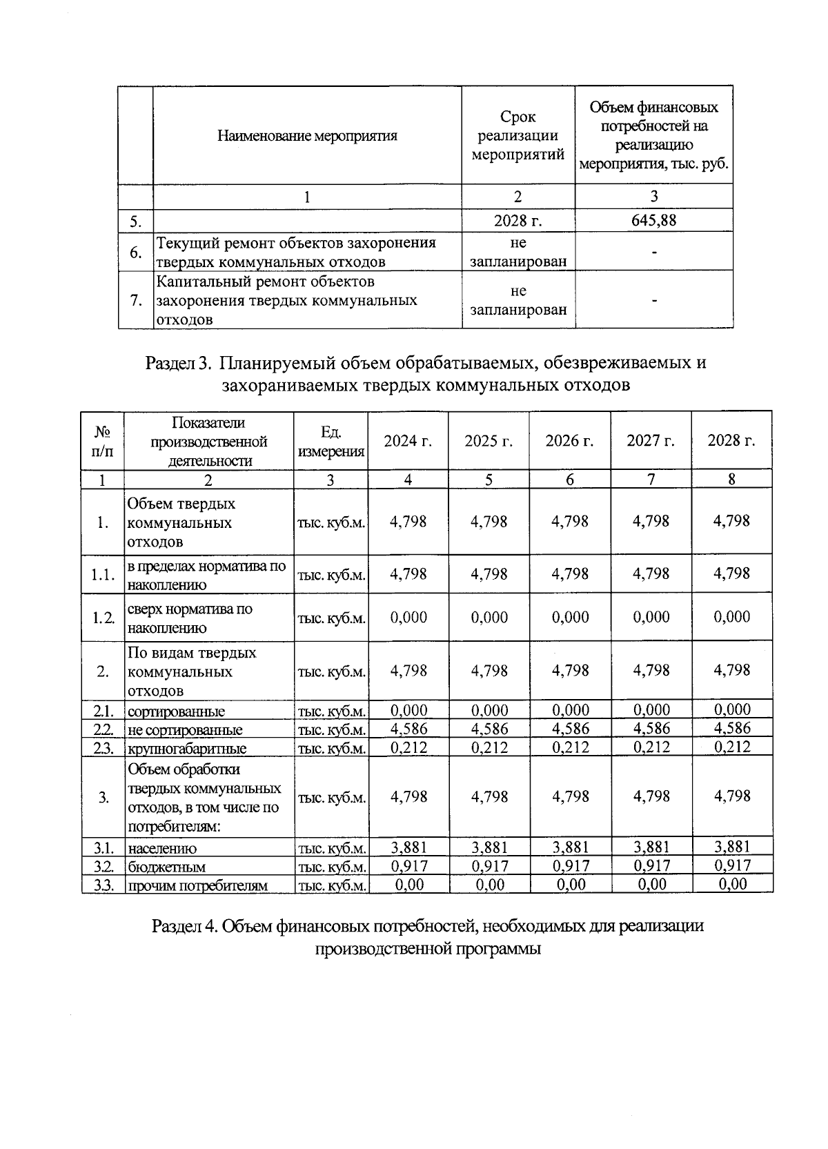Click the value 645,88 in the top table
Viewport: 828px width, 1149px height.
click(653, 220)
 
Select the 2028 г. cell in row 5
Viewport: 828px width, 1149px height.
click(518, 220)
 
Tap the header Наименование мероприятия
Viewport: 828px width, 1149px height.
click(307, 135)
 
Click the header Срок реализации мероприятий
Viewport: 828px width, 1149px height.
click(518, 135)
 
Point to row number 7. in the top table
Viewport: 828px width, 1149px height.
click(136, 300)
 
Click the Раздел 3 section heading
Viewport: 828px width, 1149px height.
click(426, 373)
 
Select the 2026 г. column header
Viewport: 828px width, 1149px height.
click(569, 441)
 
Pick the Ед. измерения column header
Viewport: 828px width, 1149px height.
click(331, 441)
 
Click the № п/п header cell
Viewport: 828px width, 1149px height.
click(102, 441)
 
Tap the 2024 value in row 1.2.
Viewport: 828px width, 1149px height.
click(408, 617)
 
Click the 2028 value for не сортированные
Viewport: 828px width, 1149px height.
click(731, 727)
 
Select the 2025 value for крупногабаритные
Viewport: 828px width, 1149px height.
click(489, 747)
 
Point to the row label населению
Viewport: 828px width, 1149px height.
click(162, 848)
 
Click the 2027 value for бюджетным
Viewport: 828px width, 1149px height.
click(651, 865)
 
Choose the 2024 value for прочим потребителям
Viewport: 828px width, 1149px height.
click(408, 884)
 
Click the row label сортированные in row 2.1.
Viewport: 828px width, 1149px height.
click(176, 711)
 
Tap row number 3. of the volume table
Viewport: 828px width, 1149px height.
click(102, 797)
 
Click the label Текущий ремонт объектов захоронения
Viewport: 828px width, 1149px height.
click(297, 243)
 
